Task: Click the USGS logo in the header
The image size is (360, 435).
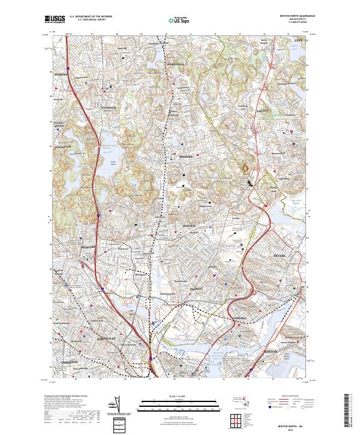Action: click(x=55, y=19)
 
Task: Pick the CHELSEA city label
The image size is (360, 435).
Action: click(x=233, y=319)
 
